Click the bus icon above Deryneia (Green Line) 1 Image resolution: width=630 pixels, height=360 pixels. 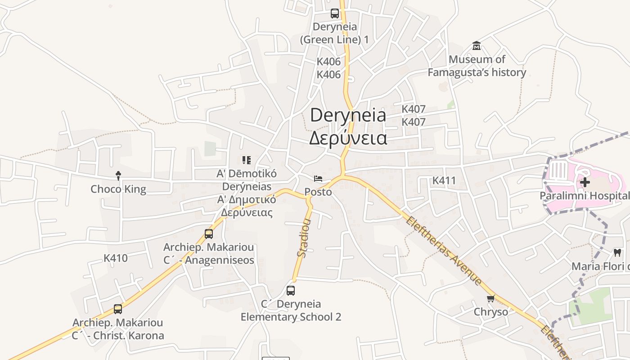coord(335,13)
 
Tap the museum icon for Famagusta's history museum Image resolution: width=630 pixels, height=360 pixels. coord(477,46)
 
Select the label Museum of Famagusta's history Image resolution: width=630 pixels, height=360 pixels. coord(477,66)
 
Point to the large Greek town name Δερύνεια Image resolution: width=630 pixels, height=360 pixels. coord(348,138)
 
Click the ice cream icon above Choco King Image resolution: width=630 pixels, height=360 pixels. coord(118,175)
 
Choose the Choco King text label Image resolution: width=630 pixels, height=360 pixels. coord(118,189)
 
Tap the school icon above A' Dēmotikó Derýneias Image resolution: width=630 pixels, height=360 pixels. coord(246,160)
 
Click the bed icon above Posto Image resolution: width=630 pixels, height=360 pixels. coord(318,179)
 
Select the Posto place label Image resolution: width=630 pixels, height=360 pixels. coord(318,192)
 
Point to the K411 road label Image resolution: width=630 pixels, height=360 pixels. coord(444,181)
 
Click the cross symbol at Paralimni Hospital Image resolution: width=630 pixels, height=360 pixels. coord(585,182)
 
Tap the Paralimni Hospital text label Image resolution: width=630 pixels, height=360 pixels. coord(585,196)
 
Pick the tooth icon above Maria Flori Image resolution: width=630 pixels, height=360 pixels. coord(617,253)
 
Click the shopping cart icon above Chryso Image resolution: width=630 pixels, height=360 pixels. coord(491,298)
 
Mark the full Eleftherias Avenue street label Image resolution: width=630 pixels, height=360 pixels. coord(444,251)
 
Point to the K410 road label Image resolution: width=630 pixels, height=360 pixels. coord(116,258)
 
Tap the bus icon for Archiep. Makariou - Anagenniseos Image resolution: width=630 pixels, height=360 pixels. coord(209,234)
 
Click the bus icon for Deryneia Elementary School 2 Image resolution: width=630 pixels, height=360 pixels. coord(291,291)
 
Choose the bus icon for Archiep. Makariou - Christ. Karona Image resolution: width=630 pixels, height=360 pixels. coord(118,309)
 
